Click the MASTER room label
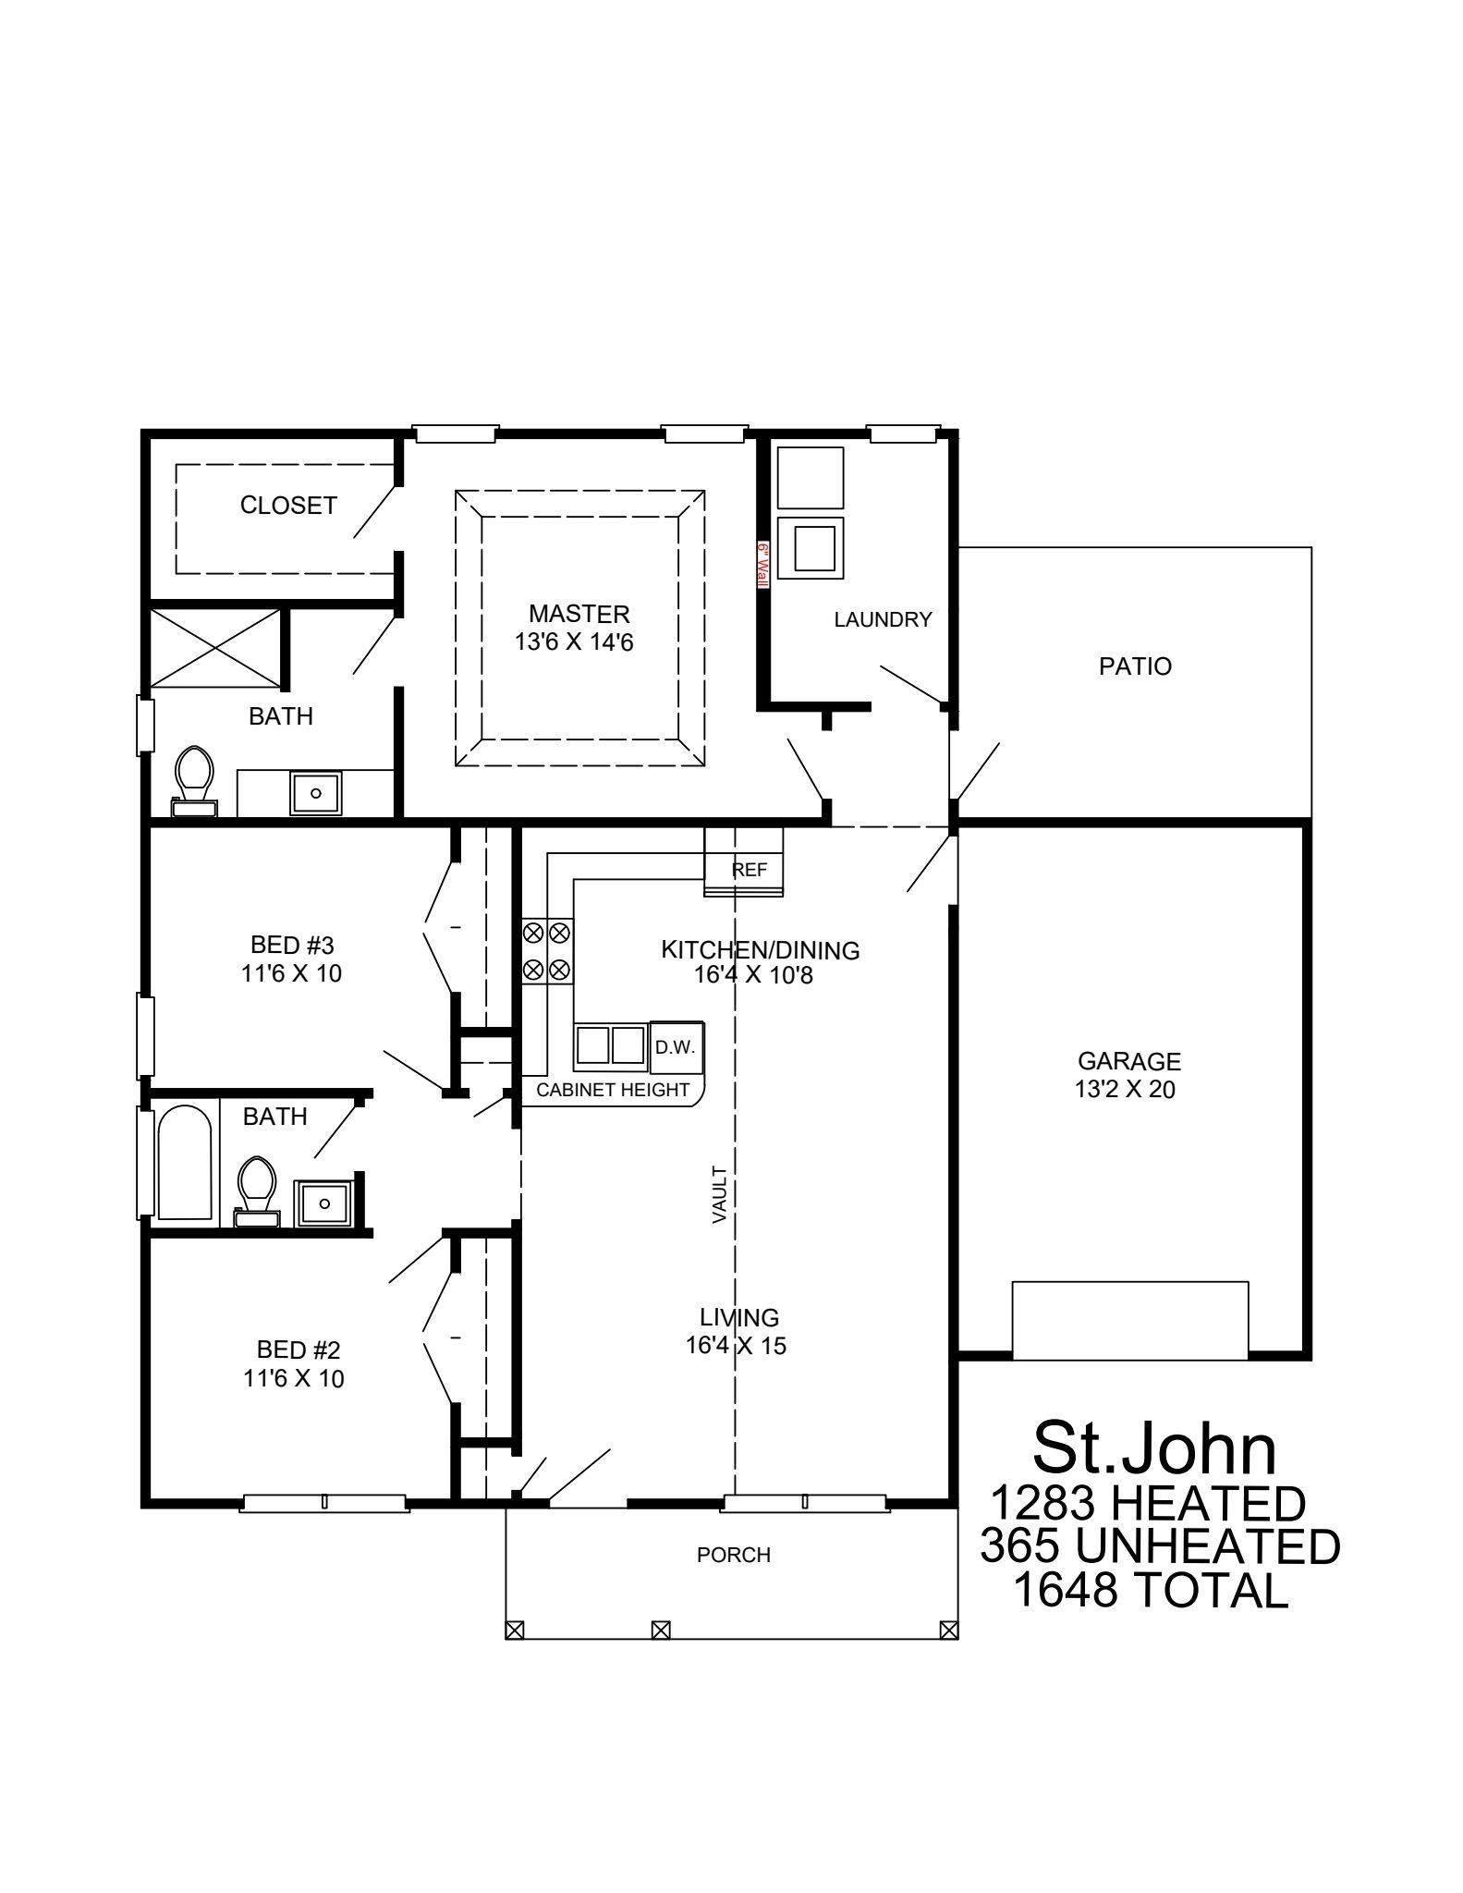(579, 614)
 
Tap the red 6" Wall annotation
(763, 566)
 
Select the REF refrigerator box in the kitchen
(749, 870)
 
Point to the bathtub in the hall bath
(185, 1164)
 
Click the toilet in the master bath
(194, 779)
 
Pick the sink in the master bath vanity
(316, 793)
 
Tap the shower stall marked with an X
(215, 648)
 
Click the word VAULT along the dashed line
(720, 1195)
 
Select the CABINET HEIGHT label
(613, 1090)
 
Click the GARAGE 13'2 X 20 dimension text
(1125, 1090)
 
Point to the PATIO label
(1135, 666)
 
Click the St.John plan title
(1154, 1448)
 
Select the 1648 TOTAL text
(1150, 1589)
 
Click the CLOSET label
(288, 506)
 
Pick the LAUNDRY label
(883, 620)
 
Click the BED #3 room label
(292, 946)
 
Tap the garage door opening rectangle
(1129, 1319)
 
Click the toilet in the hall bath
(257, 1190)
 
